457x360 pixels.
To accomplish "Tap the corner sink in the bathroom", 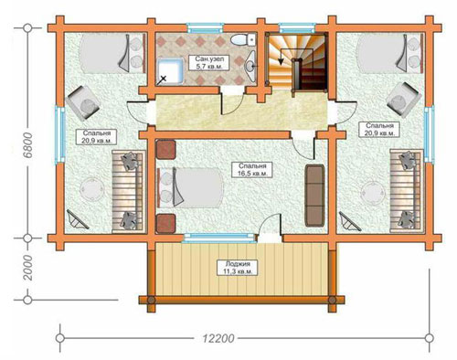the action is pos(250,65).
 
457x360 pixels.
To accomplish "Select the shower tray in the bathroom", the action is pos(170,71).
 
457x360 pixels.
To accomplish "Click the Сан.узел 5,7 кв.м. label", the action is pos(208,63).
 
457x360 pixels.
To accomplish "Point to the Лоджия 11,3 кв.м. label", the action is pos(238,268).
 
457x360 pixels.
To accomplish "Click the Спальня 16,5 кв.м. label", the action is pos(252,170).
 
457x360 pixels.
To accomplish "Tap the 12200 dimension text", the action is pos(218,338).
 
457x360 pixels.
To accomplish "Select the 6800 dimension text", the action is pos(28,145).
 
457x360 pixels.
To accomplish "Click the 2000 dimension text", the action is pos(28,268).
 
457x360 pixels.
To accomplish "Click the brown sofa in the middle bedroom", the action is pos(314,196).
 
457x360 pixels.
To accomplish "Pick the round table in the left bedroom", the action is pos(91,189).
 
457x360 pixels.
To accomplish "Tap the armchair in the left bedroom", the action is pos(83,102).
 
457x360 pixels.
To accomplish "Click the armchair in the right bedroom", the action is pos(404,100).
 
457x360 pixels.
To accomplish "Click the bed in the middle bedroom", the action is pos(190,188).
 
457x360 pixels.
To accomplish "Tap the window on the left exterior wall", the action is pos(60,135).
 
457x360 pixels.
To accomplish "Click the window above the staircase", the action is pos(297,28).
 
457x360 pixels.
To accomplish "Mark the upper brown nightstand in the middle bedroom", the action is pos(165,149).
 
